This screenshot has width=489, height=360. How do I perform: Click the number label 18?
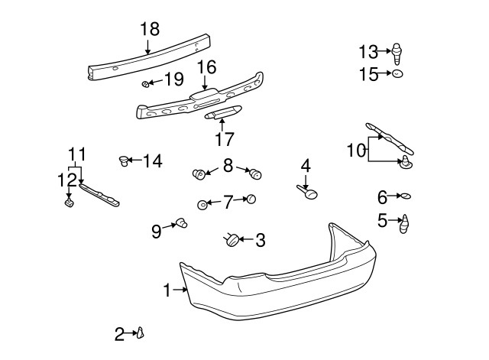point(150,29)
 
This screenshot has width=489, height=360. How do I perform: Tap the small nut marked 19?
point(145,83)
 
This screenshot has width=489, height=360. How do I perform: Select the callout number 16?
point(206,68)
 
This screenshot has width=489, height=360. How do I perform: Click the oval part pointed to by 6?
point(406,196)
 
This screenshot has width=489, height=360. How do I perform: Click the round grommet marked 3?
point(230,241)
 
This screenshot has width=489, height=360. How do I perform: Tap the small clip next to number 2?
point(141,332)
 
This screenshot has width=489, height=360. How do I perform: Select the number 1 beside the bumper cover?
point(167,290)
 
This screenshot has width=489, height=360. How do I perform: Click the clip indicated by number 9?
point(182,223)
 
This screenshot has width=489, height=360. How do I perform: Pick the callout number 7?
point(228,203)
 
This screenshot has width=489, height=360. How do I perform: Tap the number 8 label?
point(228,164)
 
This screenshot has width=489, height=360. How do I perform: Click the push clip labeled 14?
point(122,160)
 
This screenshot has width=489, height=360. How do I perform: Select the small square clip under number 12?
point(67,203)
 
